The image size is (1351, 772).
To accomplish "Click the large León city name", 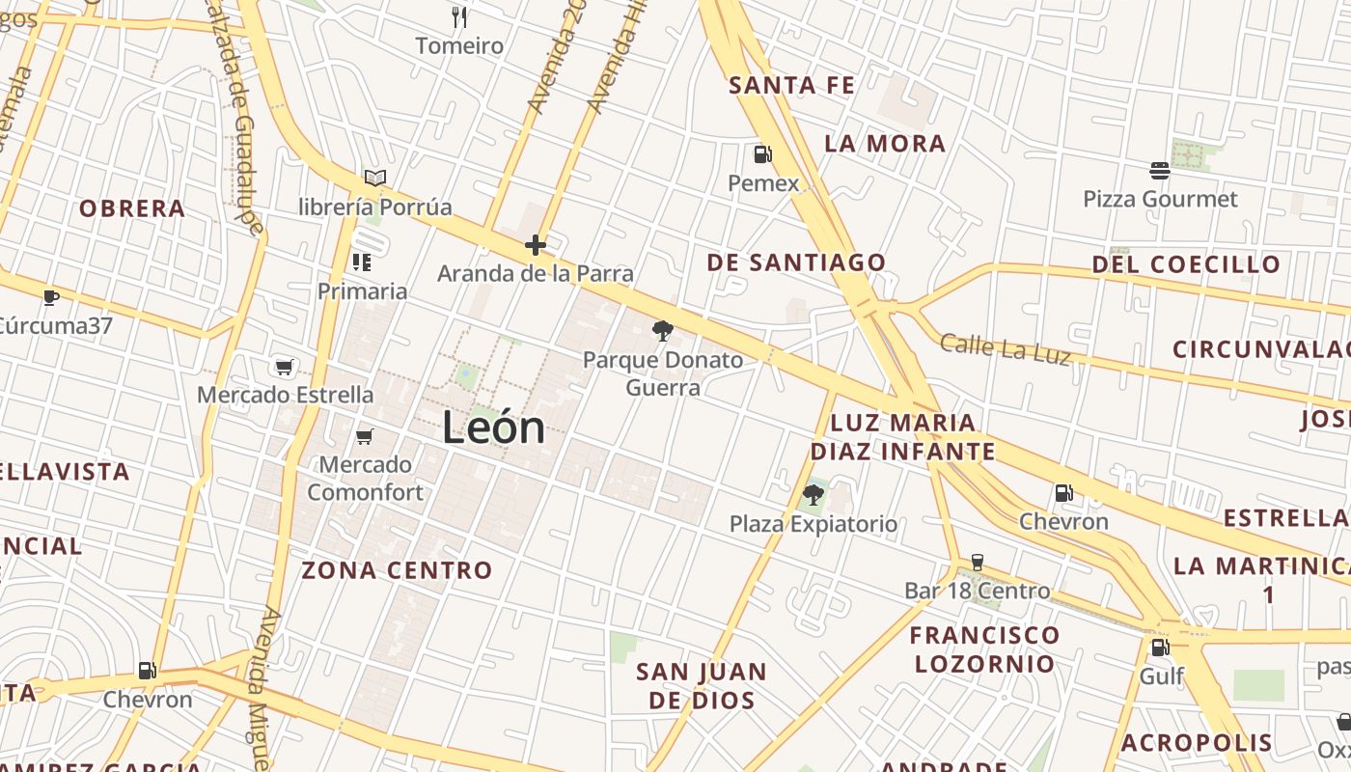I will tap(493, 427).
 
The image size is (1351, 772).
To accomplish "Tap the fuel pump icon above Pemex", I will tap(762, 154).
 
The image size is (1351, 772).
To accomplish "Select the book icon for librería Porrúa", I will tap(375, 179).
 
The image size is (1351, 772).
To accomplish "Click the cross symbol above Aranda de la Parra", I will tap(536, 245).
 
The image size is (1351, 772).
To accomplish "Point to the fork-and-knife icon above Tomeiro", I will tap(459, 16).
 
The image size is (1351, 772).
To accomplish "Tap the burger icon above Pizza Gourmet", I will tap(1160, 171).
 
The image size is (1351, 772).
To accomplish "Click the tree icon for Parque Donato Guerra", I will tap(662, 331).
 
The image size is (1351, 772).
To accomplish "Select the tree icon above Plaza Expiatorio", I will tap(813, 495).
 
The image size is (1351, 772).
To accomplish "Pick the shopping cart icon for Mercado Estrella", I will tap(284, 367).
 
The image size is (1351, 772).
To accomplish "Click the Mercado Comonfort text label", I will tap(365, 479).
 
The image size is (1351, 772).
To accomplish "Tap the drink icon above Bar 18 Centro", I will tap(977, 562).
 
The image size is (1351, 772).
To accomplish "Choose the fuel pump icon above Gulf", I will tap(1160, 647).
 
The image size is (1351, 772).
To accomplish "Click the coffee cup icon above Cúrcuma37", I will tap(51, 297).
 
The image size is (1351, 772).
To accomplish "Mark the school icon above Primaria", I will tap(362, 262).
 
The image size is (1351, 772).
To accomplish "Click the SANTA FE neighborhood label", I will tap(792, 85).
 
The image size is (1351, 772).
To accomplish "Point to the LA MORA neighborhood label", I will tap(885, 144).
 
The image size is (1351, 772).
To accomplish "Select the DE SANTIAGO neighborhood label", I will tap(796, 262).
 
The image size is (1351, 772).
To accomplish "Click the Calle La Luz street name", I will tap(1005, 348).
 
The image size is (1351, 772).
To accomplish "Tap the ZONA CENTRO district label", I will tap(397, 570).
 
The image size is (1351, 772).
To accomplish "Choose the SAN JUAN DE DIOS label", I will tap(702, 685).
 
